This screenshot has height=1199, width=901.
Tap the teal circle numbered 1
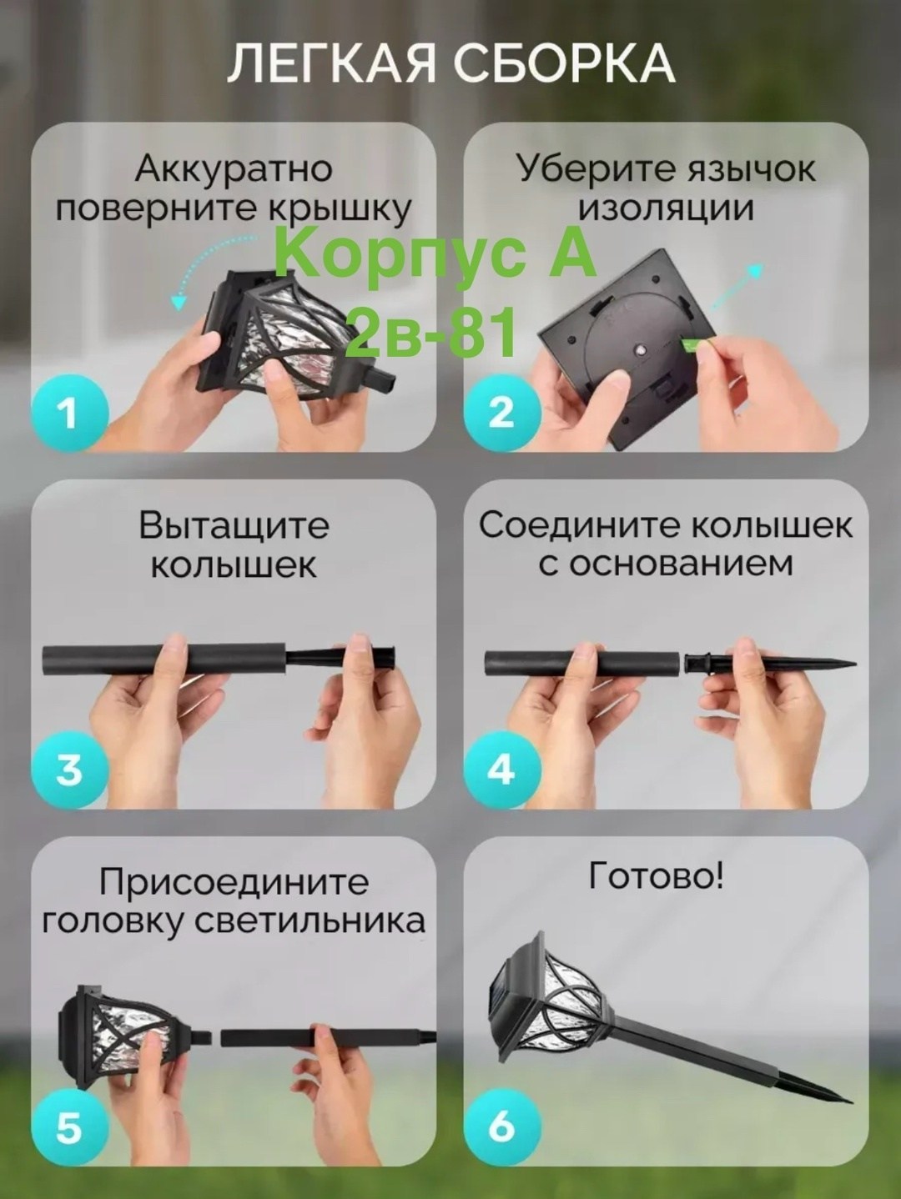click(69, 414)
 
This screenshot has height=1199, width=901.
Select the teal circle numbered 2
click(502, 414)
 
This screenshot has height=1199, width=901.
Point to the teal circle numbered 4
click(502, 770)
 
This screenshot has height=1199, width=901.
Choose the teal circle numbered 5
click(69, 1126)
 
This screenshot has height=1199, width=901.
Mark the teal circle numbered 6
click(502, 1126)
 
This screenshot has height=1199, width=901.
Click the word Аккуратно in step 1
click(234, 170)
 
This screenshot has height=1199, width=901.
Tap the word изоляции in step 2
click(666, 209)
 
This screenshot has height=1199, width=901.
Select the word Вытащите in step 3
click(234, 527)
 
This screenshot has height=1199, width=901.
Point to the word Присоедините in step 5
click(234, 883)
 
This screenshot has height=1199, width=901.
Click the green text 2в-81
click(435, 329)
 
